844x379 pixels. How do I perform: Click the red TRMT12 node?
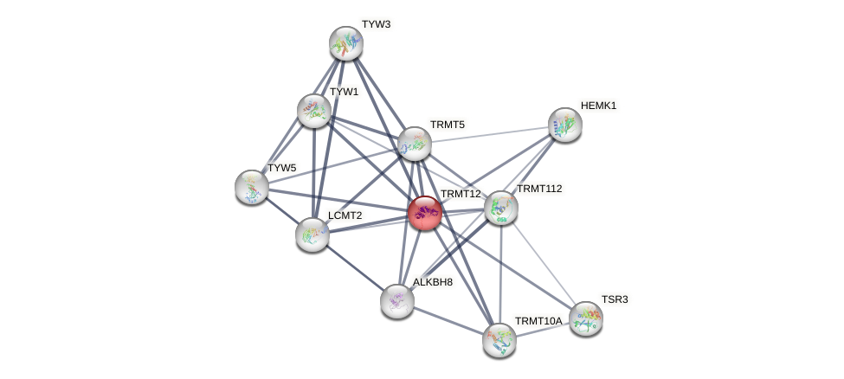[424, 212]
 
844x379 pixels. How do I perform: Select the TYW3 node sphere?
[345, 43]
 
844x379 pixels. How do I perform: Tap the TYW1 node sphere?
[313, 111]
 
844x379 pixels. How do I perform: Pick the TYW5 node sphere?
[252, 187]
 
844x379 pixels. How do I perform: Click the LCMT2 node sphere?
[312, 234]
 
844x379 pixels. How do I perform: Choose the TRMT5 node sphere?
[415, 144]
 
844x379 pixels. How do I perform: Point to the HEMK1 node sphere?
[564, 125]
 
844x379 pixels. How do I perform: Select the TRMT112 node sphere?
[500, 208]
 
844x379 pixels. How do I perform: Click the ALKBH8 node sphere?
[396, 300]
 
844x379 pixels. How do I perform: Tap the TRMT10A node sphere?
[499, 339]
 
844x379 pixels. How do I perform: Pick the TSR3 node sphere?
[585, 318]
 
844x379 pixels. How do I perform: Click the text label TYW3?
[376, 24]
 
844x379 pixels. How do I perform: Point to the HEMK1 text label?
[598, 106]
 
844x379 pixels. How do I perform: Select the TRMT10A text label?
[538, 321]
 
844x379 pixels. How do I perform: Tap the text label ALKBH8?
[432, 282]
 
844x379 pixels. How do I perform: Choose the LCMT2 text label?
[345, 215]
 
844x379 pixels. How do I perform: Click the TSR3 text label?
[615, 299]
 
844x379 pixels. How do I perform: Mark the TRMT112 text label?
[538, 189]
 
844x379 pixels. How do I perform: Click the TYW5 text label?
[281, 168]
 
